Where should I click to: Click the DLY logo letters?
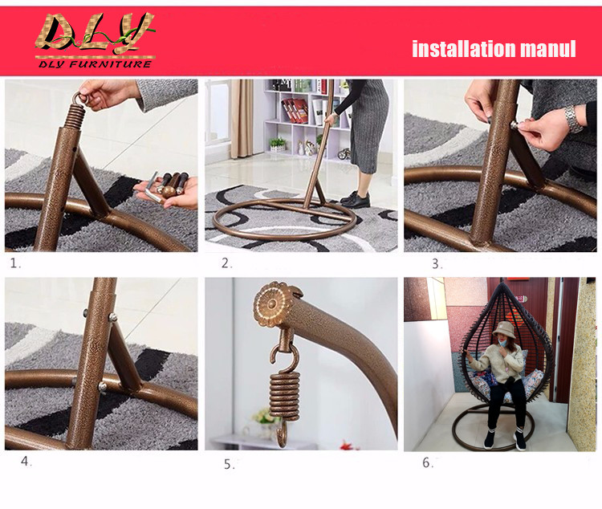coord(95,34)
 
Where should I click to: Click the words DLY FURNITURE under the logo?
coord(95,63)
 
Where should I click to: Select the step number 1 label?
coord(15,263)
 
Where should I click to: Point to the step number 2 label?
coord(226,263)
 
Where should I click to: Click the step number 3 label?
coord(437,263)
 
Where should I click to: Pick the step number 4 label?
coord(26,462)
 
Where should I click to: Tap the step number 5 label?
coord(230,464)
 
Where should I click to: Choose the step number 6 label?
coord(428,462)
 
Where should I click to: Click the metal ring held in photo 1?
coord(81,98)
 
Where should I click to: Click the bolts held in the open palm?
coord(169,185)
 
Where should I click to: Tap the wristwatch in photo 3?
coord(572,119)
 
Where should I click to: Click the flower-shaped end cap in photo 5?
coord(272,303)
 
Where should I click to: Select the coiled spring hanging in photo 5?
coord(284,397)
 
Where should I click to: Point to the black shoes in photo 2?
coord(355,199)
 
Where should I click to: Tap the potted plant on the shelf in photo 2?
coord(277,144)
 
